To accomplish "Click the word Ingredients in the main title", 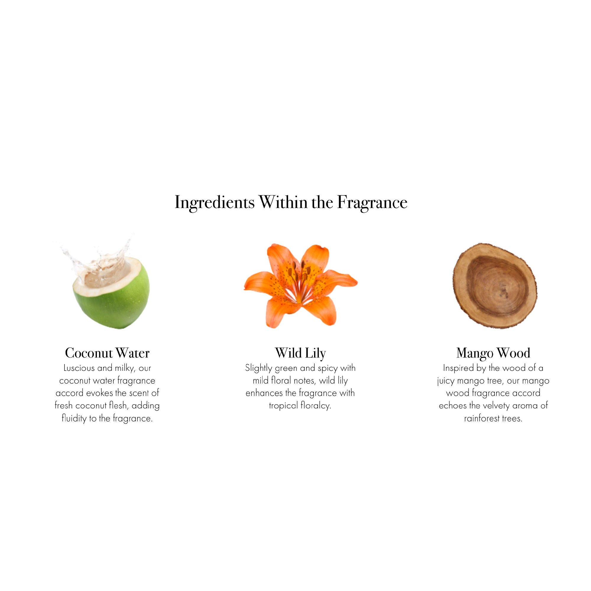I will (x=214, y=202).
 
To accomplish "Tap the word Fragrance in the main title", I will (x=372, y=202).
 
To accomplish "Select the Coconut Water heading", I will (x=107, y=353).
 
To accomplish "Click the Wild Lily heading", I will (x=300, y=353).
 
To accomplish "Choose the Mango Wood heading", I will (x=493, y=353).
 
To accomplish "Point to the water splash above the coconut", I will (x=98, y=257).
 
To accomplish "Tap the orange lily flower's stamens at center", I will (x=301, y=272).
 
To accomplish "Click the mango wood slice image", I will (x=494, y=286).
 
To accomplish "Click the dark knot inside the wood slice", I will (x=503, y=294).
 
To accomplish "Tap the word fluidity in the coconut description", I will (x=74, y=418).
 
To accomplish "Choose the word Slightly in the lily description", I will (x=258, y=368).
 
